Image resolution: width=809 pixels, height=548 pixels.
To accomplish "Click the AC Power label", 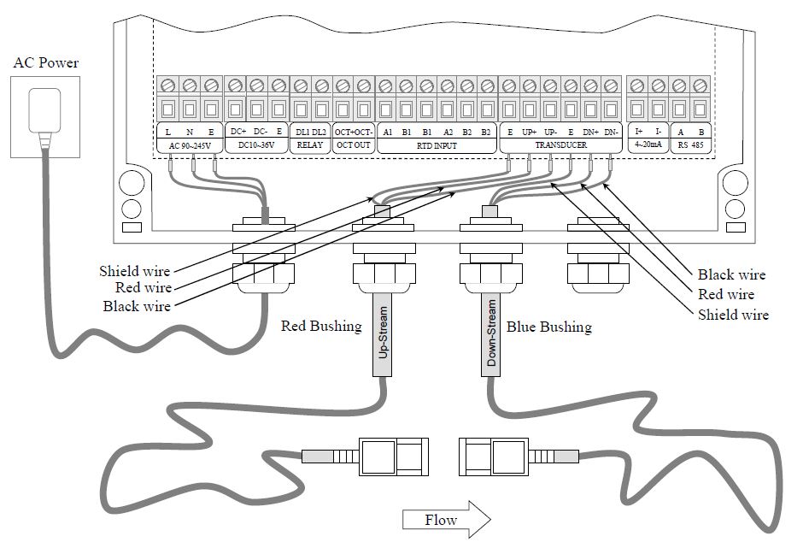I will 46,62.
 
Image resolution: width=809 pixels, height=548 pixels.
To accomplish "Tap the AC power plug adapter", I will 45,115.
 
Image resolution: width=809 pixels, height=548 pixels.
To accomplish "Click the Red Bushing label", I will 321,327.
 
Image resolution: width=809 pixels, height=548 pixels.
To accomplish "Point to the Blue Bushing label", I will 548,327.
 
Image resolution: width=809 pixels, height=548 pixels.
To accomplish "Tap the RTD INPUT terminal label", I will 437,146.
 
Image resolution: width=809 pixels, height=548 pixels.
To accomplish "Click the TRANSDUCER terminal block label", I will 559,146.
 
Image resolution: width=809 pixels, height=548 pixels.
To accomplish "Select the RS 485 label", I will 690,146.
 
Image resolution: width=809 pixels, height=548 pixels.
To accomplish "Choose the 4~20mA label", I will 647,146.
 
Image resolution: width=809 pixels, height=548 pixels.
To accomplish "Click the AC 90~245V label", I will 190,146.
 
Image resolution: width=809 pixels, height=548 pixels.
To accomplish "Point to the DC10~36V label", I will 256,146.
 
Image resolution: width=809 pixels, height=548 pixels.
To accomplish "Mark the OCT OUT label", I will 353,146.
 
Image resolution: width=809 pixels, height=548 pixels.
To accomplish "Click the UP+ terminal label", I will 530,133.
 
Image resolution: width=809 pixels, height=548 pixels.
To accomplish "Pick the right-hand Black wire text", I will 731,274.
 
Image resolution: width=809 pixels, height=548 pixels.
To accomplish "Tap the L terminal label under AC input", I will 168,133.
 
